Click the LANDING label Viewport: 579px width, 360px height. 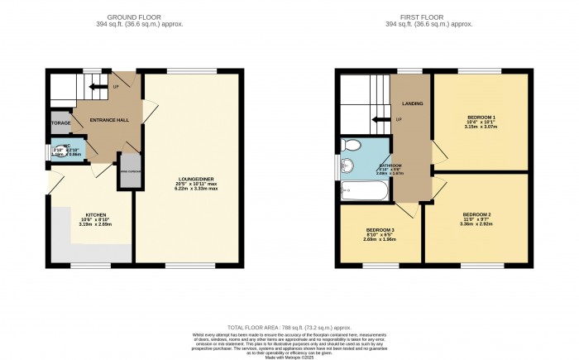click(411, 103)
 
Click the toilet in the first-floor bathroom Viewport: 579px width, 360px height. click(352, 146)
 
